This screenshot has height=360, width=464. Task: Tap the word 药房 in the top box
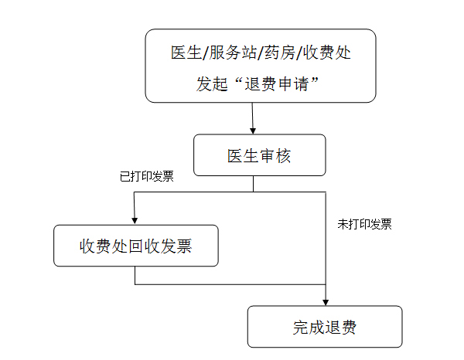[x=278, y=53]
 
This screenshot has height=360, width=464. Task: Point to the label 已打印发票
[x=147, y=176]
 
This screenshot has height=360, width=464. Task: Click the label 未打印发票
[x=364, y=224]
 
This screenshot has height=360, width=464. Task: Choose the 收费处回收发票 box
[x=135, y=246]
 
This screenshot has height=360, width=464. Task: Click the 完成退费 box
[x=325, y=327]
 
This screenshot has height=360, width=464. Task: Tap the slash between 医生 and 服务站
[x=206, y=53]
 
